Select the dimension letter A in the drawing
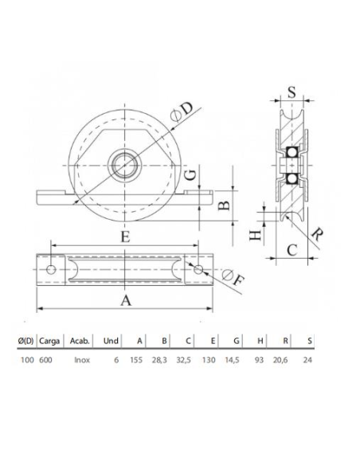click(125, 299)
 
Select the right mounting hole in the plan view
click(198, 271)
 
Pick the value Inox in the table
click(80, 359)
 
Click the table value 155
click(135, 359)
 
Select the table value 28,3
click(162, 359)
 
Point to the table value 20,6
click(283, 359)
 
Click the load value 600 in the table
click(47, 359)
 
